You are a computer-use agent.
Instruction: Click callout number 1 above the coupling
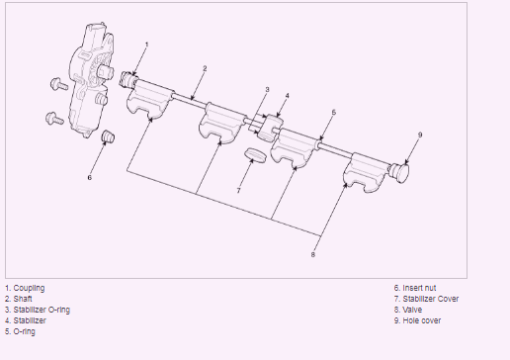pos(147,45)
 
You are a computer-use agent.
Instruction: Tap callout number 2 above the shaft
pos(205,68)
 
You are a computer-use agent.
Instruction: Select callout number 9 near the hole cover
pos(420,135)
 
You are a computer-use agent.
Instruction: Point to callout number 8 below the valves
pos(313,254)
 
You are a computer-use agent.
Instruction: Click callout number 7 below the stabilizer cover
pos(238,191)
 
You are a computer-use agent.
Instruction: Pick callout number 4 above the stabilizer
pos(288,96)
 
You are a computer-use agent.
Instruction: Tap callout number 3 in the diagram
pos(267,89)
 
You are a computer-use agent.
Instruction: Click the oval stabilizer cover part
pos(255,155)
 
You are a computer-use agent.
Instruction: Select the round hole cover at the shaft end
pos(400,172)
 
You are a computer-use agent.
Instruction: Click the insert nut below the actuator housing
pos(108,136)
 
